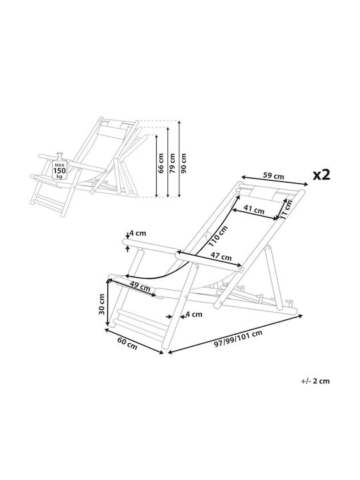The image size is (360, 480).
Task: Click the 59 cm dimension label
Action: click(x=273, y=176)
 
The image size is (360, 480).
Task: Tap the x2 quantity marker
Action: click(x=321, y=175)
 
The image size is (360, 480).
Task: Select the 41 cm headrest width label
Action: click(x=254, y=210)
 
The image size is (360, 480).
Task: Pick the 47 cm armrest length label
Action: click(x=221, y=257)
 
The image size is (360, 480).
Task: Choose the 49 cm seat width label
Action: click(x=140, y=286)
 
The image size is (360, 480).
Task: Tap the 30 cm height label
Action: click(x=101, y=304)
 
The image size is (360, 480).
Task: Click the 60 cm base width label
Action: click(x=127, y=343)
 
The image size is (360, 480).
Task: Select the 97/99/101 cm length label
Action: click(x=238, y=339)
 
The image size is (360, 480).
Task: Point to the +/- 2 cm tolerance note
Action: click(x=315, y=381)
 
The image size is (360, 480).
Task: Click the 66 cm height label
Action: click(x=161, y=163)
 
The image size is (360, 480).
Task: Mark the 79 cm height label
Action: click(x=173, y=163)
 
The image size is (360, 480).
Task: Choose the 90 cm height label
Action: click(x=184, y=163)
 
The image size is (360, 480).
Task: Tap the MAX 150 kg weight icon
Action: click(x=59, y=166)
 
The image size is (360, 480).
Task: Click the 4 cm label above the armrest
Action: click(x=137, y=233)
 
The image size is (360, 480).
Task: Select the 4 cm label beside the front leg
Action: click(x=194, y=314)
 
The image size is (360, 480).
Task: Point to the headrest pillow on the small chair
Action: click(x=115, y=125)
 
